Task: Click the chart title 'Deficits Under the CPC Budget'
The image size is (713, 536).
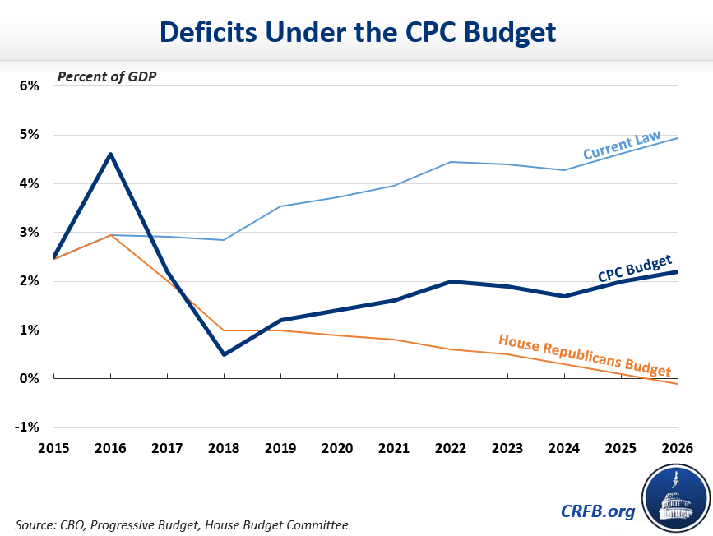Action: (357, 31)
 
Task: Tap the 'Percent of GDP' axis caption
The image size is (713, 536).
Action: (106, 77)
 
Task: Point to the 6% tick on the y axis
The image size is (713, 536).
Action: (25, 85)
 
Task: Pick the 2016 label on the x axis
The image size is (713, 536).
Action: (110, 449)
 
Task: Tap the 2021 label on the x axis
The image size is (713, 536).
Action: (394, 449)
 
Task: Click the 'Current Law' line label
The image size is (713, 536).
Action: (622, 146)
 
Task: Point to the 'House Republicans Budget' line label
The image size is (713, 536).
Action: (584, 354)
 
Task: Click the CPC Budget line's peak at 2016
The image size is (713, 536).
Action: (110, 154)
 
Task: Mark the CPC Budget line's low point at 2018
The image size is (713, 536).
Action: (224, 354)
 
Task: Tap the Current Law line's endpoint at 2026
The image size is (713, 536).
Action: (678, 138)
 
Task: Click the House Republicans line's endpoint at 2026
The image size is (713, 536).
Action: (678, 384)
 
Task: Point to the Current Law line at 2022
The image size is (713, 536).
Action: (451, 162)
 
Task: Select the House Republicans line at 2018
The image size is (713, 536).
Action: (224, 330)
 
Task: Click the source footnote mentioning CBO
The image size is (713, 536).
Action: (181, 524)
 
